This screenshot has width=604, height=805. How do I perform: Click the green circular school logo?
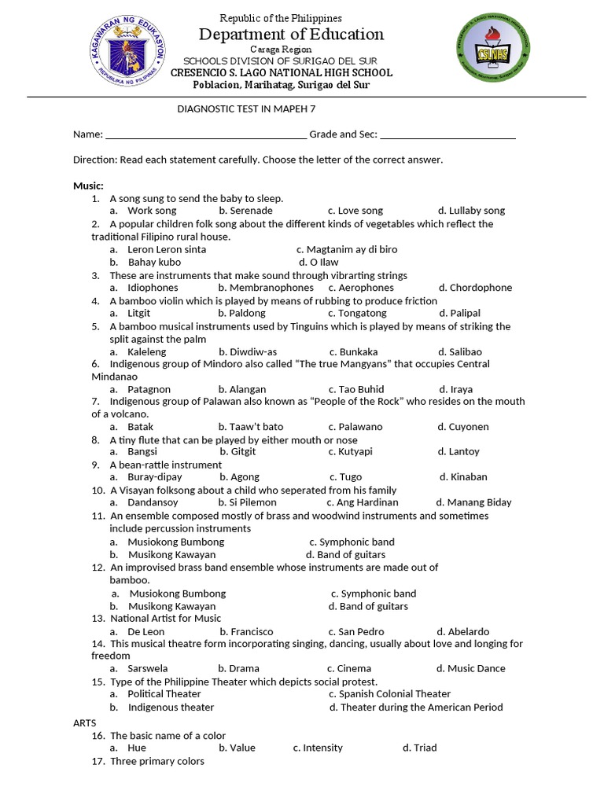tap(493, 53)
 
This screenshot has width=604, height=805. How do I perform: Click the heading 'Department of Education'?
tap(291, 34)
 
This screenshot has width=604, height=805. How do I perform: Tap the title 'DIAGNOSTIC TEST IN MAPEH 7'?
tap(247, 110)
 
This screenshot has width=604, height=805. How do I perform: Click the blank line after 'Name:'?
tap(206, 135)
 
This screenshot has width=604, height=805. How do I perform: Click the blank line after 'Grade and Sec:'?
tap(448, 135)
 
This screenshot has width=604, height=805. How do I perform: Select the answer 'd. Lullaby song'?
tap(471, 211)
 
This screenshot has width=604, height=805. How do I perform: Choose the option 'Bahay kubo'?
tap(154, 262)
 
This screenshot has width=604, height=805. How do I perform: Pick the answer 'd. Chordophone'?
tap(475, 288)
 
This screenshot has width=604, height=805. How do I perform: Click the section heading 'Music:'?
tap(88, 186)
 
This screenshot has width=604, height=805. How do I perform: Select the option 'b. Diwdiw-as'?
tap(248, 351)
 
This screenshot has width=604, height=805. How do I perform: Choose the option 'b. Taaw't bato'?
tap(251, 427)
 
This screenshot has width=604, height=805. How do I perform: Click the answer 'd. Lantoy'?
tap(459, 452)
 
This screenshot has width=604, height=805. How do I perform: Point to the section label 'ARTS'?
tap(84, 722)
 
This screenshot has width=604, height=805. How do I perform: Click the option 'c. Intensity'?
tap(319, 748)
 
